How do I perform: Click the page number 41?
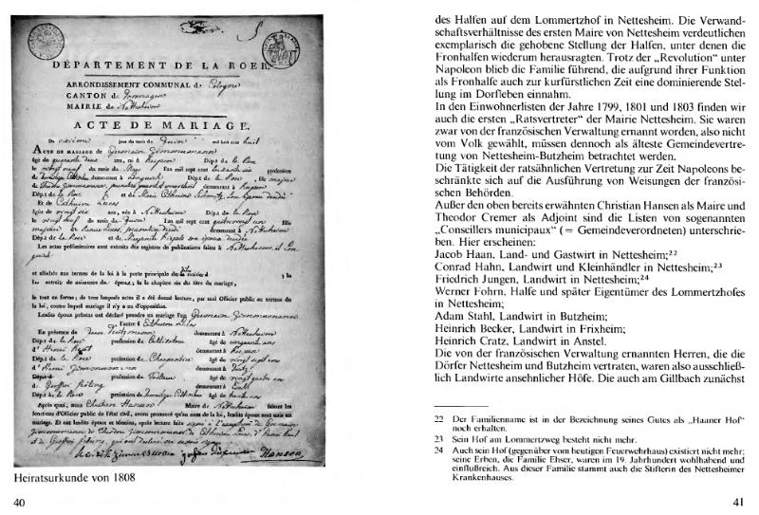pos(736,502)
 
